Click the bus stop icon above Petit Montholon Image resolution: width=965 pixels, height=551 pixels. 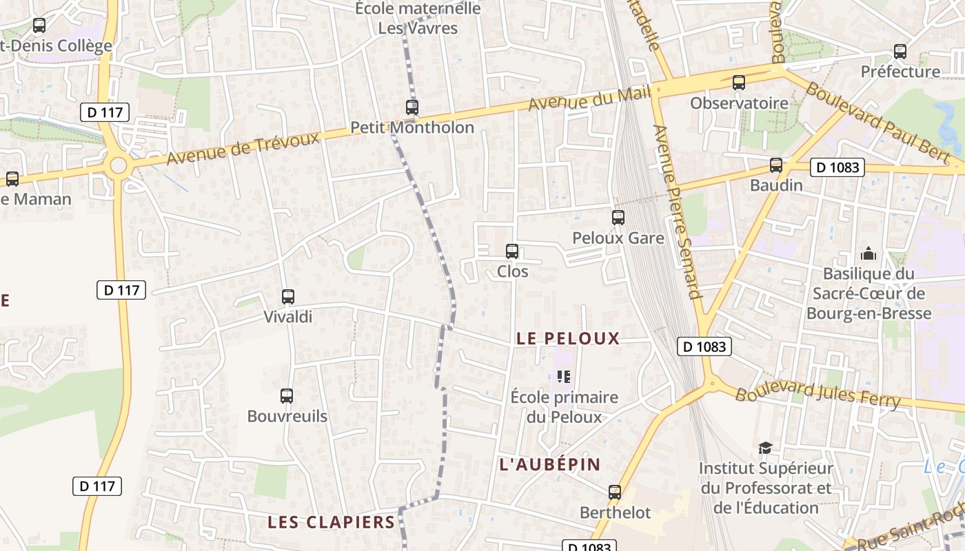coord(412,107)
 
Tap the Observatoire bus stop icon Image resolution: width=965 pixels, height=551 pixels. coord(739,83)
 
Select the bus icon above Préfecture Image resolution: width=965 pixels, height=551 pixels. coord(900,51)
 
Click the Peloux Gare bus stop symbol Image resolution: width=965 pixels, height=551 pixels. coord(618,218)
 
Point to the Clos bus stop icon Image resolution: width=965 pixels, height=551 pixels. coord(512,251)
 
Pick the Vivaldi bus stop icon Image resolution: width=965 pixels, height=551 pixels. coord(288,297)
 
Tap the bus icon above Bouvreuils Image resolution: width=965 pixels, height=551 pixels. coord(287,396)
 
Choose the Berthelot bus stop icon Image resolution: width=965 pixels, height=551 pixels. coord(615,492)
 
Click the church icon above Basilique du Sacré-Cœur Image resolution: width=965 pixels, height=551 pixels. coord(868,253)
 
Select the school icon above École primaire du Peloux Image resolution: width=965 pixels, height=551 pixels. coord(565,377)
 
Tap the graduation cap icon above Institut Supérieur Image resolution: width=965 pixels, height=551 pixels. coord(765,448)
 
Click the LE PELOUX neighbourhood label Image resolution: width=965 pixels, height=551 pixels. coord(568,338)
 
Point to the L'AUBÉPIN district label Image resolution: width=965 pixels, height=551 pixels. coord(550,464)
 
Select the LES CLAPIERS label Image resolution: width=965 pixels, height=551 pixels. coord(332,522)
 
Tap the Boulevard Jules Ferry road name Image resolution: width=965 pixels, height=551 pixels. coord(817,397)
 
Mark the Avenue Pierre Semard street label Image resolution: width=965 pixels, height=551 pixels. coord(677,211)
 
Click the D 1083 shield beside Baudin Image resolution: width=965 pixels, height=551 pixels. coord(837,167)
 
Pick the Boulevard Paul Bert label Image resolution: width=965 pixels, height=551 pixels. coord(877,122)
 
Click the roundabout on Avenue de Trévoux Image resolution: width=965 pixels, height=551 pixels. coord(119,165)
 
